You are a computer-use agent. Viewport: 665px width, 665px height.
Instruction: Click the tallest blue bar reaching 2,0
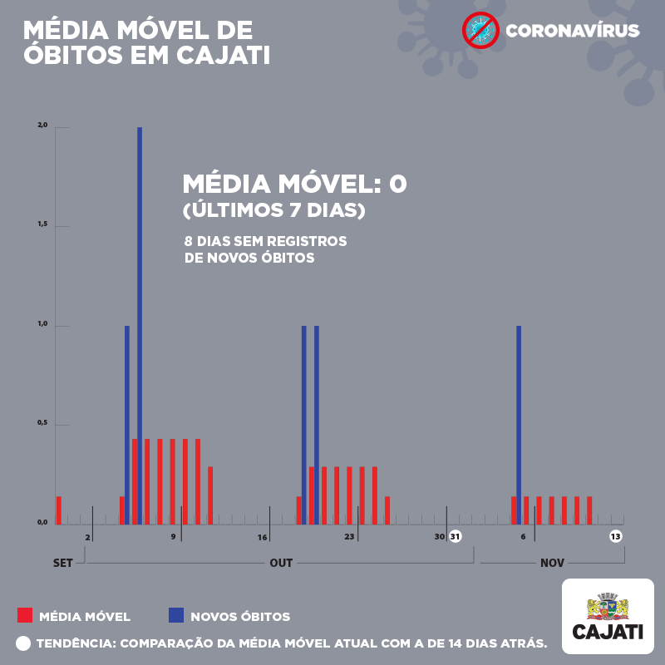coord(140,324)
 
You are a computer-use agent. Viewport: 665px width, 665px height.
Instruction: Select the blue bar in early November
coord(519,424)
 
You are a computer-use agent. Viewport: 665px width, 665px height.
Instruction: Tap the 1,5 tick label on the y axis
coord(42,225)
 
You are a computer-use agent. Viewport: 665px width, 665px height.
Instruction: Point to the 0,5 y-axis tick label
coord(42,424)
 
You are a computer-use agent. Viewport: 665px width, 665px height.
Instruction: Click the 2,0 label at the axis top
coord(42,126)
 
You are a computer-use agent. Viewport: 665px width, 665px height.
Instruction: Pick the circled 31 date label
coord(455,536)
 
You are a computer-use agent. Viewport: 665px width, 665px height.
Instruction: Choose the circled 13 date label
coord(615,536)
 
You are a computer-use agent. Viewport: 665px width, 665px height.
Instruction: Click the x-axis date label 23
coord(349,537)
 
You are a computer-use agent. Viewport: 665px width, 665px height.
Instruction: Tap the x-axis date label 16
coord(262,537)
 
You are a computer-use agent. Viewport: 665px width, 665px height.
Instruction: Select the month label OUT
coord(281,563)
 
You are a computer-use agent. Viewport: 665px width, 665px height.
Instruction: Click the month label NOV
coord(552,563)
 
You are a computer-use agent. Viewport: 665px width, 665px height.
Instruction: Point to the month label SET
coord(63,563)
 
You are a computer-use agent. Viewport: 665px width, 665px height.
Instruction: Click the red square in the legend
coord(25,616)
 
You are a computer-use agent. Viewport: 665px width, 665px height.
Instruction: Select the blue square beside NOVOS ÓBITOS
coord(176,616)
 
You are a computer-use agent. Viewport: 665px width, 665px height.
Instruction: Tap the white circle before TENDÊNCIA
coord(22,643)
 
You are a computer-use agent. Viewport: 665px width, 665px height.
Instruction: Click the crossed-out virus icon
coord(480,31)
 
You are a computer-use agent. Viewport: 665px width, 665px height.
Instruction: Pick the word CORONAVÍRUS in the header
coord(573,32)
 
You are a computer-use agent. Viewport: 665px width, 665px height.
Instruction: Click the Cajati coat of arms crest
coord(608,606)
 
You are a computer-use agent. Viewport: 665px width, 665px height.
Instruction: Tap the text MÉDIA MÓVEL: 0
coord(294,184)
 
